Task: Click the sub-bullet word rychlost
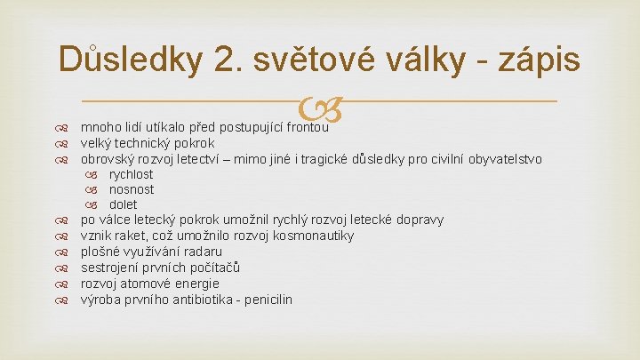[132, 174]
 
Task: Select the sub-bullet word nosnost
[132, 189]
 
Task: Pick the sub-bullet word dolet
[124, 204]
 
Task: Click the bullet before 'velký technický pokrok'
[61, 143]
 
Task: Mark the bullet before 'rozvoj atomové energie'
[61, 284]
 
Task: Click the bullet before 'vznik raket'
[61, 236]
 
